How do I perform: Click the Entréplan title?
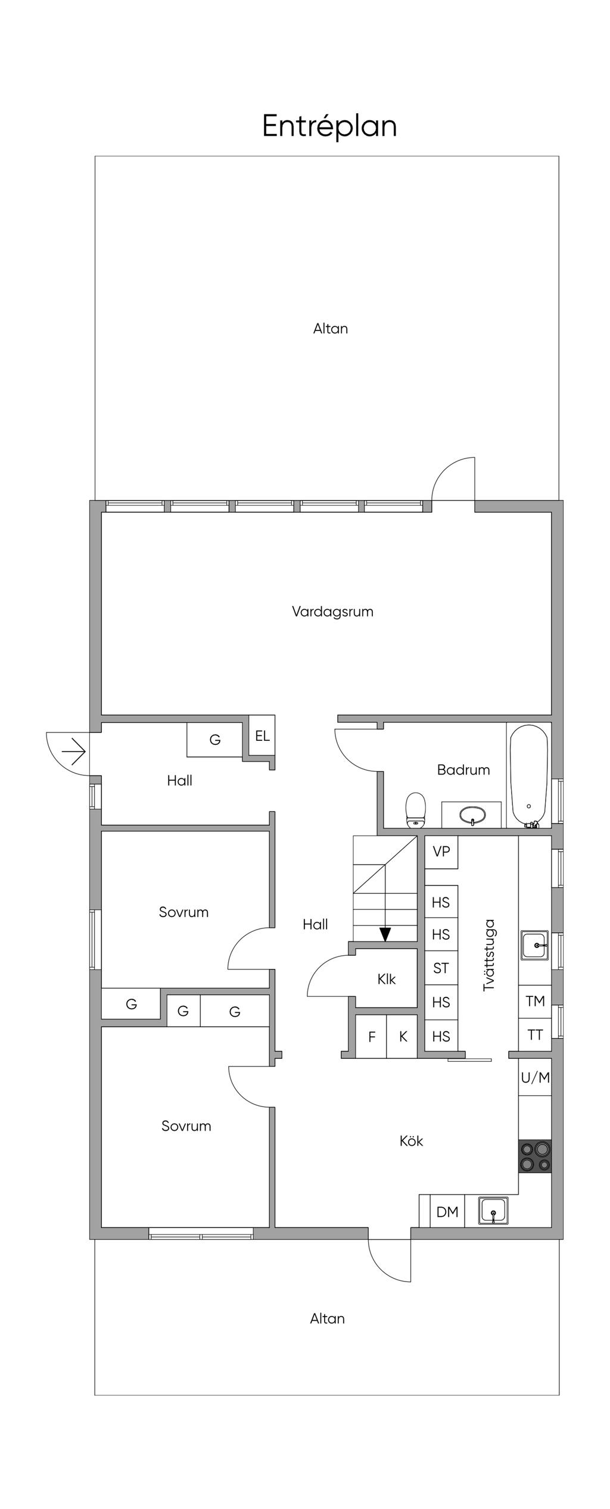[x=329, y=126]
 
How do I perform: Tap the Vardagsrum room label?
[x=332, y=612]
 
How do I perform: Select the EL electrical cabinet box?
[x=262, y=736]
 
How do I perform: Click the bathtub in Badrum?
[x=529, y=775]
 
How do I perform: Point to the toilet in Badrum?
[x=416, y=810]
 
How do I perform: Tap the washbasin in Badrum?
[x=473, y=815]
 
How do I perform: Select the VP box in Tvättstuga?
[x=441, y=852]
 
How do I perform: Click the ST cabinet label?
[x=441, y=968]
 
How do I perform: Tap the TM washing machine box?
[x=535, y=1002]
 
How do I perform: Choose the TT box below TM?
[x=535, y=1036]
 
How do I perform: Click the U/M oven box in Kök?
[x=535, y=1077]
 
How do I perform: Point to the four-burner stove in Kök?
[x=535, y=1156]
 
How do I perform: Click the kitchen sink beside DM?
[x=493, y=1211]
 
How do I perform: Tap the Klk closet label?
[x=387, y=979]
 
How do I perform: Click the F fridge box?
[x=371, y=1036]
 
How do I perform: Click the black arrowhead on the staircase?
[x=385, y=934]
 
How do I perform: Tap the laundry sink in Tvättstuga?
[x=535, y=945]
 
